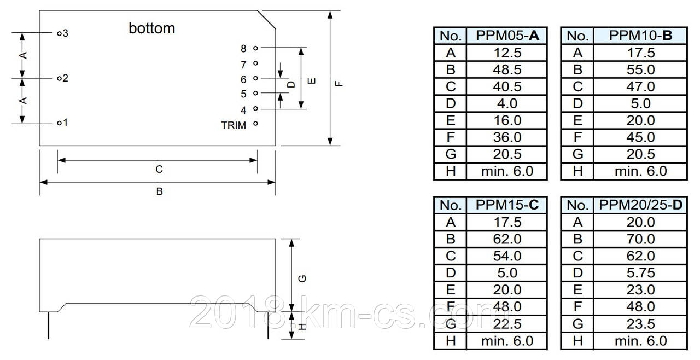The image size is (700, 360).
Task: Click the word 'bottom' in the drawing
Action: click(x=151, y=28)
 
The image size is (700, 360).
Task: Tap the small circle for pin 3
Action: click(x=59, y=33)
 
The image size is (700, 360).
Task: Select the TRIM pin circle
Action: click(x=255, y=124)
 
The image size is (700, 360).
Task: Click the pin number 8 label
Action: click(x=243, y=49)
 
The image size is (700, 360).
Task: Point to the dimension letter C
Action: click(x=159, y=170)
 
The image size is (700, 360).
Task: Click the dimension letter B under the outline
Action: click(x=159, y=191)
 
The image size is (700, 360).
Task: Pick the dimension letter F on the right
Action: click(x=339, y=84)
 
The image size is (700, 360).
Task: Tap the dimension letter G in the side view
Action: click(x=302, y=278)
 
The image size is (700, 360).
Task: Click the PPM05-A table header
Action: click(x=507, y=36)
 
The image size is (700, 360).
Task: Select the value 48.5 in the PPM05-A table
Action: click(x=507, y=69)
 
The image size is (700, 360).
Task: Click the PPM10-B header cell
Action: click(x=640, y=36)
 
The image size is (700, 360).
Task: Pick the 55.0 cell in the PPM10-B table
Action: click(x=640, y=69)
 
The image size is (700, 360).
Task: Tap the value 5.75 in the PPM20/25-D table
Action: click(x=640, y=273)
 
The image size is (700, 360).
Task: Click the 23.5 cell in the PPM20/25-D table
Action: click(x=640, y=324)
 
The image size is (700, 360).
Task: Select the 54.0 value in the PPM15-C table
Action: click(x=507, y=256)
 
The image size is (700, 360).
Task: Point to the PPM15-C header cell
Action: click(x=507, y=205)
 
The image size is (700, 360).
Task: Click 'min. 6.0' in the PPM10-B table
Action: click(x=640, y=171)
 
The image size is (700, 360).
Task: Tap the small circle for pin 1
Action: click(x=59, y=123)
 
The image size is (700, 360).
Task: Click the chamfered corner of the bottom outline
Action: click(x=266, y=20)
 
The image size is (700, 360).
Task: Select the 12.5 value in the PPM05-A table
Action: click(x=507, y=53)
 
